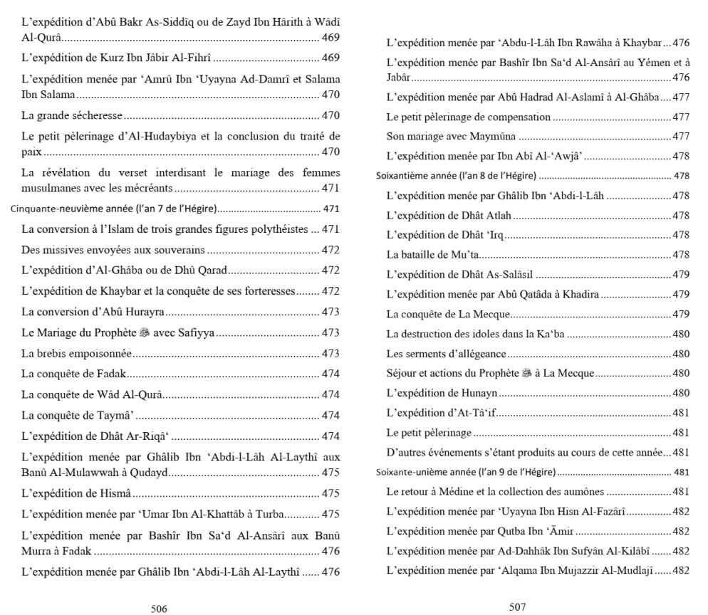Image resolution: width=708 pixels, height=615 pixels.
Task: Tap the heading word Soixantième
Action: pyautogui.click(x=402, y=175)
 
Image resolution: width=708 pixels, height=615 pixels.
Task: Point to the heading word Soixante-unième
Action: pyautogui.click(x=409, y=471)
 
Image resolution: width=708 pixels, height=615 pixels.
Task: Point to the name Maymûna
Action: pyautogui.click(x=495, y=136)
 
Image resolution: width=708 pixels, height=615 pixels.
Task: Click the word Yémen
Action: pyautogui.click(x=644, y=63)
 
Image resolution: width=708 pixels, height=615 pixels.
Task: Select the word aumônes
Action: pyautogui.click(x=582, y=491)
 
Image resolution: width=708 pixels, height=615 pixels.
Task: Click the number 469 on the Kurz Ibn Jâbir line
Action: pyautogui.click(x=330, y=57)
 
